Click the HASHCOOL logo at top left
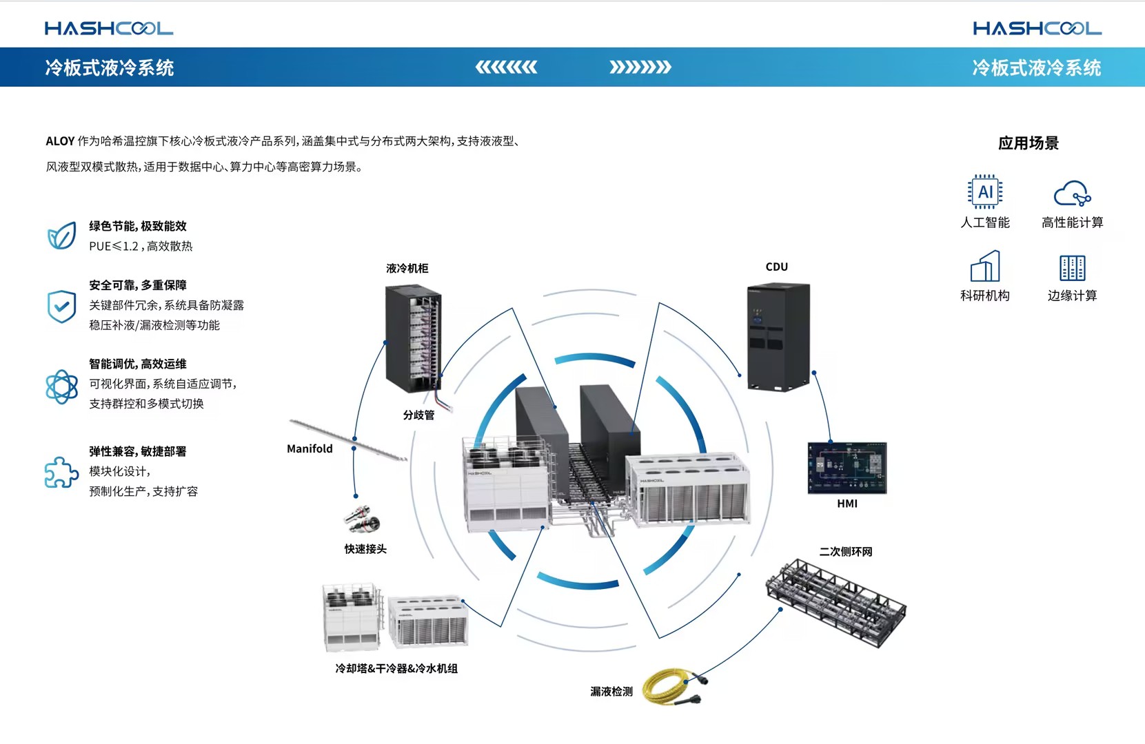coord(109,28)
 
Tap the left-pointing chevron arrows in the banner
coord(506,67)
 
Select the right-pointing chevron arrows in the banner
coord(640,67)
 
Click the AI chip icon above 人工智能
coord(985,192)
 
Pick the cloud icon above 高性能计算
coord(1072,193)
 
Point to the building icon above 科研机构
coord(985,266)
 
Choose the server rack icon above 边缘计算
coord(1072,267)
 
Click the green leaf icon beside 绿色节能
coord(61,236)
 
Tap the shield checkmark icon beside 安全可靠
coord(61,306)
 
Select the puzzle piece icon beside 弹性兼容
coord(61,472)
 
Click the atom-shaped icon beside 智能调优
coord(61,386)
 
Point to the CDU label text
coord(776,267)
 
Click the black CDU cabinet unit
coord(778,336)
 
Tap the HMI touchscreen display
coord(847,468)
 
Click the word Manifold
coord(310,448)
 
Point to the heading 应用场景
coord(1028,143)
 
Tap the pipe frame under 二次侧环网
coord(836,601)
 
